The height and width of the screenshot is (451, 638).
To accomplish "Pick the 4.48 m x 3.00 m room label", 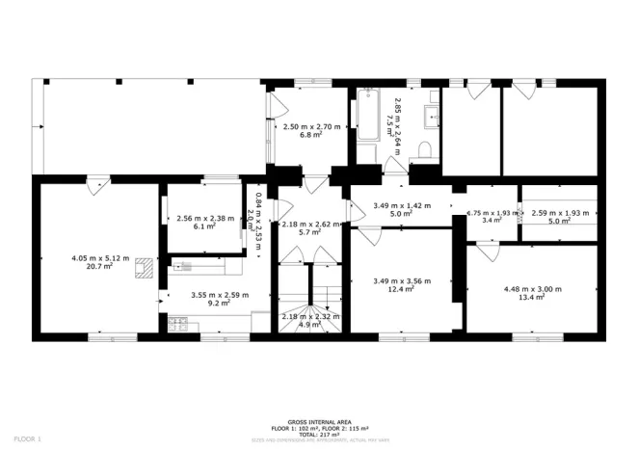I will [532, 289].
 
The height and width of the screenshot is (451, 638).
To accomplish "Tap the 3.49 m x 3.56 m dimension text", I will [401, 280].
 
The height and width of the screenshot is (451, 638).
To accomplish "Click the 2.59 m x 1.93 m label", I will [559, 212].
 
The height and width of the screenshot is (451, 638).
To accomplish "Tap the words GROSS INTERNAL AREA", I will [319, 420].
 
